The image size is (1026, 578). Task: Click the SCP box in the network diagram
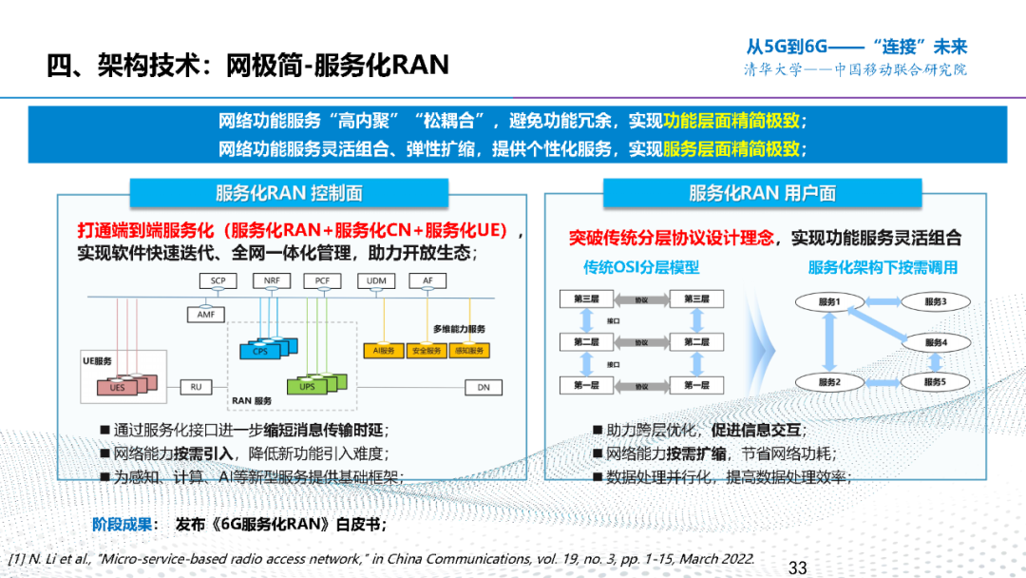217,281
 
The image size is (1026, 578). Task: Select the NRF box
268,281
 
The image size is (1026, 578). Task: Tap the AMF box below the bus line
206,314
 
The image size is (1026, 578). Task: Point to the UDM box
374,281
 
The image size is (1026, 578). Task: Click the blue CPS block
261,352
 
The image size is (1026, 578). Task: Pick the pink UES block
117,387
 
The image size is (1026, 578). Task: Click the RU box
196,387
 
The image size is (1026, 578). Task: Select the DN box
484,387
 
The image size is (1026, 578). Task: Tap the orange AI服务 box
377,351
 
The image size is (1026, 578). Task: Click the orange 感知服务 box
469,351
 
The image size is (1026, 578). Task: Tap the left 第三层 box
587,299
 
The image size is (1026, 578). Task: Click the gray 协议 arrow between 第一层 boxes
641,386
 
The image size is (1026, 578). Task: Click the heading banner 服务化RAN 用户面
762,193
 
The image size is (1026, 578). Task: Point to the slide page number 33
797,568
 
